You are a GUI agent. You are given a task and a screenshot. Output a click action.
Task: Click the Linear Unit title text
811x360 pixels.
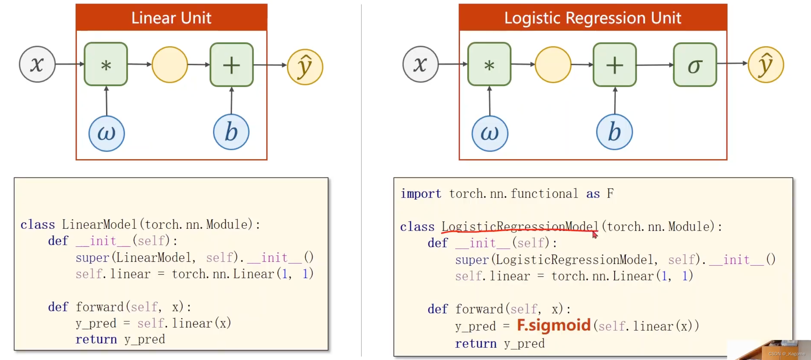(x=171, y=18)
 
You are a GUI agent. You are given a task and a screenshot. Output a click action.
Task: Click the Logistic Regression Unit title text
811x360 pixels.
(x=593, y=18)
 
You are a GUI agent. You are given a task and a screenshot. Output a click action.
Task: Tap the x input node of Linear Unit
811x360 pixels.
(x=37, y=65)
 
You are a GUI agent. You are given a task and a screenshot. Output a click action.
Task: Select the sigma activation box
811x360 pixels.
(x=695, y=65)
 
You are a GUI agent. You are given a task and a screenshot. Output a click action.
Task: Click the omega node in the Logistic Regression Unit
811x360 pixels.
(x=490, y=133)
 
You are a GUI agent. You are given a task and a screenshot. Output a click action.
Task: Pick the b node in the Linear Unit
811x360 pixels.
(x=231, y=132)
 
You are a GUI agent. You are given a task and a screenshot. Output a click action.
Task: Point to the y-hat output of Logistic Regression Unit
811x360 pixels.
(x=766, y=65)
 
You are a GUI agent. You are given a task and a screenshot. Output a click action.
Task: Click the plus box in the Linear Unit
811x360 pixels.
(x=232, y=65)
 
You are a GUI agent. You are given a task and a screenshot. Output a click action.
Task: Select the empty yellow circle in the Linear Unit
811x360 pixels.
(x=170, y=65)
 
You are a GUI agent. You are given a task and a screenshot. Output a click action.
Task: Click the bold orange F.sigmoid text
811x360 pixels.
(x=554, y=325)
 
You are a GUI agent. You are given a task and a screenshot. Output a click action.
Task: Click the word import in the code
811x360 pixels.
(x=421, y=194)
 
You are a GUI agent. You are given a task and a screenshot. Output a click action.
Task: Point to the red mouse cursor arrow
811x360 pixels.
(x=594, y=235)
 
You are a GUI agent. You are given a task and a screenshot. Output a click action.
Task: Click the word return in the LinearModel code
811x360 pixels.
(x=96, y=339)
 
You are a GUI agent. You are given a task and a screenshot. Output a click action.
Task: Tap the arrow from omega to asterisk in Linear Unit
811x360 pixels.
(x=106, y=101)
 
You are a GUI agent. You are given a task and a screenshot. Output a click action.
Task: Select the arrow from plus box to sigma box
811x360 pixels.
(x=655, y=65)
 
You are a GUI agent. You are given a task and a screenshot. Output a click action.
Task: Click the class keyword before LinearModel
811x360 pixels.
(x=38, y=225)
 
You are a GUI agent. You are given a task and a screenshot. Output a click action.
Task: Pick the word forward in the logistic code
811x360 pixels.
(x=479, y=309)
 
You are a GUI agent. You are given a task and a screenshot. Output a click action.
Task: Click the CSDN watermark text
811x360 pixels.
(x=787, y=354)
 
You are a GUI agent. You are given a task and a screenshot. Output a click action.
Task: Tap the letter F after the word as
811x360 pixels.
(x=610, y=194)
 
